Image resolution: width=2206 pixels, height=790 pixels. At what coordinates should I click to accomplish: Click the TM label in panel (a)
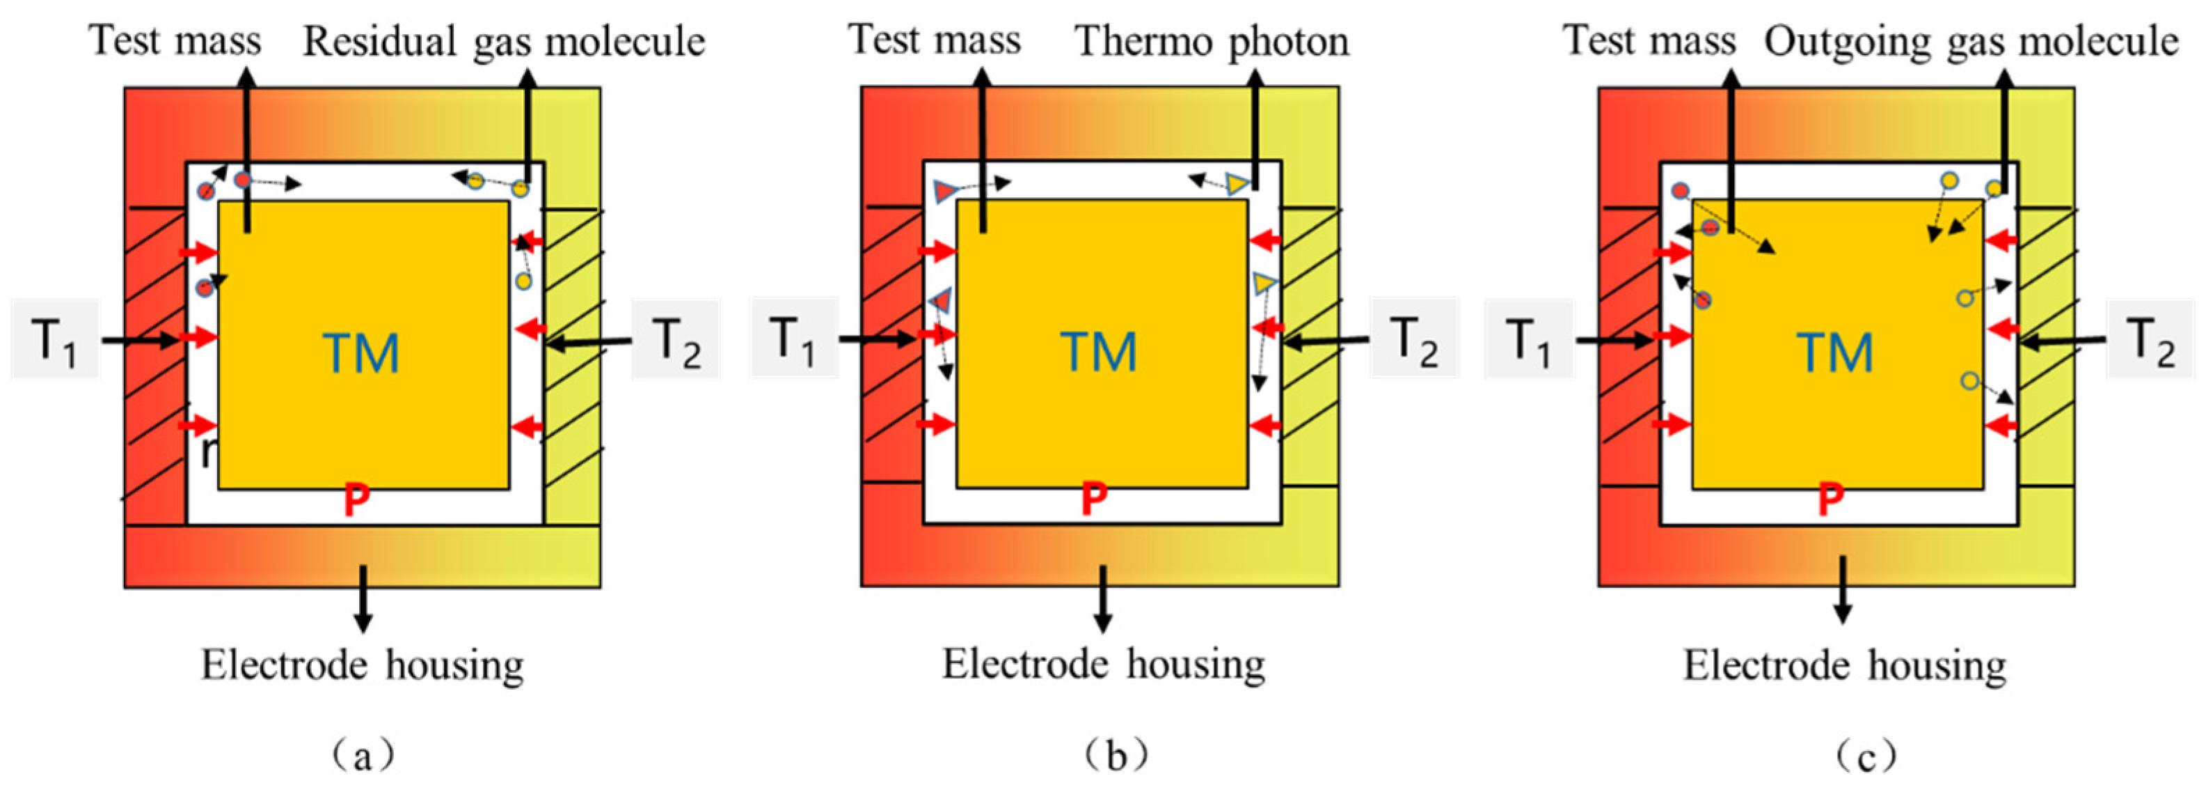[361, 353]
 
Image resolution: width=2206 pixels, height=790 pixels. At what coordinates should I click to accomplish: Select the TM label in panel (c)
[1835, 353]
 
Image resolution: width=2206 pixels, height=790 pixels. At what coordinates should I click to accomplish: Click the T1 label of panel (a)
[54, 340]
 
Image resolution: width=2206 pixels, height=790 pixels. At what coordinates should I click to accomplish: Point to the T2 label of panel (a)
[676, 340]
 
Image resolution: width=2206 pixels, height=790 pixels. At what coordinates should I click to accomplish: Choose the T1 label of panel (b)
[792, 339]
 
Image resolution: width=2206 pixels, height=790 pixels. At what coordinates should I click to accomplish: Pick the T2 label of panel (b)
[1414, 339]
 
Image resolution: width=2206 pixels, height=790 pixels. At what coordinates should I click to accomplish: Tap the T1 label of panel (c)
[1529, 340]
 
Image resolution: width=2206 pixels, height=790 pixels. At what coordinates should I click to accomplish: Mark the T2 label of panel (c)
[2150, 340]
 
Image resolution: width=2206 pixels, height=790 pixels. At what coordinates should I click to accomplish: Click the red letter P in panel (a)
[357, 499]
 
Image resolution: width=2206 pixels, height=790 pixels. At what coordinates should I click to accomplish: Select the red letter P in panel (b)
[1093, 499]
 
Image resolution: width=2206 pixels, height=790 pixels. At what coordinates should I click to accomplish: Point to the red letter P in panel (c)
[1831, 499]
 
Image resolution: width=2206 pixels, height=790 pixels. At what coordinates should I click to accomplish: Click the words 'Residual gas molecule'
[504, 42]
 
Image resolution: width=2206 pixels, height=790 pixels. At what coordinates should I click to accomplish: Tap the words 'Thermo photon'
[1212, 41]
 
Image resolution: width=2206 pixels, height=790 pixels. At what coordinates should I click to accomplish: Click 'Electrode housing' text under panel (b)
[1103, 664]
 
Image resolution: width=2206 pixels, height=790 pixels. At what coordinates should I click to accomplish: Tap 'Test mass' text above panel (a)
[175, 40]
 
